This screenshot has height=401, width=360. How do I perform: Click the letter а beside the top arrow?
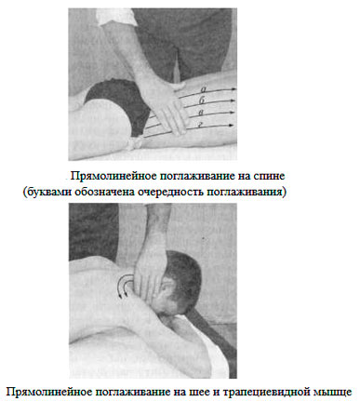coord(204,90)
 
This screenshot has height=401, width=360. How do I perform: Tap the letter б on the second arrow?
coord(202,100)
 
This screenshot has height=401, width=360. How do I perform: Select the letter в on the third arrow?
coord(201,113)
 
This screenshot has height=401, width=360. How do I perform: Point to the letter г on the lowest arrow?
coord(201,125)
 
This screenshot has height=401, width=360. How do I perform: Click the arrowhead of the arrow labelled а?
coord(233,89)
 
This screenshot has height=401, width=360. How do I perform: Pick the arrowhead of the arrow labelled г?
coord(231,126)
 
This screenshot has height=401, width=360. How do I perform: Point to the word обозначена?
coord(105,193)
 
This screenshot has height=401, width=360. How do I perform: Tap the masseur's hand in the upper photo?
coord(166,105)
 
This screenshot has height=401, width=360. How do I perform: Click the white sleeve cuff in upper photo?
coord(115,18)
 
